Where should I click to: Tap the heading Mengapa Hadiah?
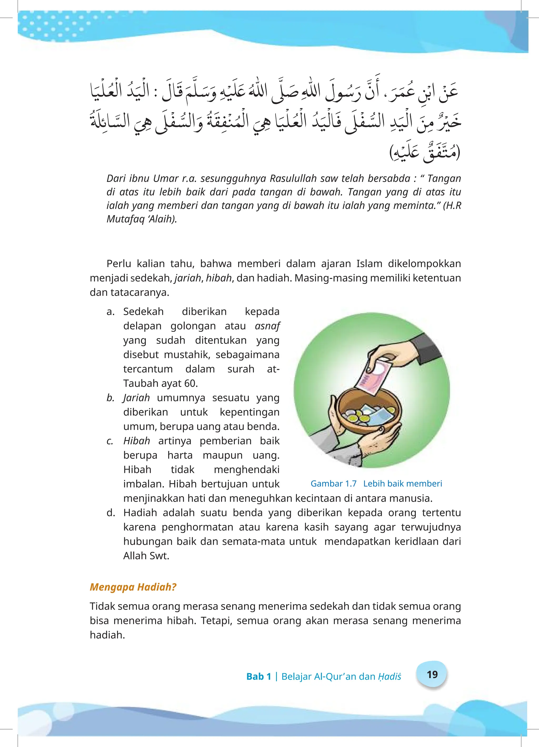133,587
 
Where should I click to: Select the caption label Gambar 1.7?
333,484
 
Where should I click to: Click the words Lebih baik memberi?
402,484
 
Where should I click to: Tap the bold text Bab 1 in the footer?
258,676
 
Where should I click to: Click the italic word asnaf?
267,326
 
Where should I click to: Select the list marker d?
111,512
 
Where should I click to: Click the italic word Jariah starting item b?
137,398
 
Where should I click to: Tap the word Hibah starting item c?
137,441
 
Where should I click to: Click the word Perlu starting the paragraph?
119,264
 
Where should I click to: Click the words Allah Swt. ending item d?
146,556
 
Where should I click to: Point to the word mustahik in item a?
187,355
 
